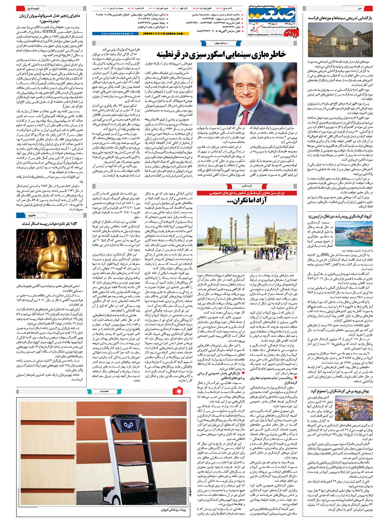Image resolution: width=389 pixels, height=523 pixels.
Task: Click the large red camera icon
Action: coord(178,391)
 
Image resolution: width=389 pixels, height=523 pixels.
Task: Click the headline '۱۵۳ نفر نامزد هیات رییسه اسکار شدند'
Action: coord(49,223)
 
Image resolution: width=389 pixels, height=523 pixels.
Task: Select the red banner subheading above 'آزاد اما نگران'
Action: coord(247,193)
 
